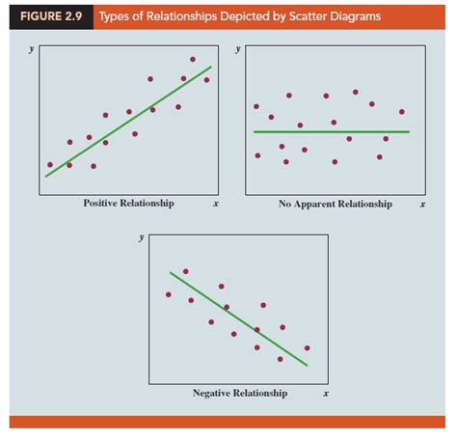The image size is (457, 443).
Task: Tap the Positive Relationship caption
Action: tap(128, 204)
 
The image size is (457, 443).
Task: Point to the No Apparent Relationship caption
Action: tap(335, 204)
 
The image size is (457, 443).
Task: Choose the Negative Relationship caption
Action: tap(239, 393)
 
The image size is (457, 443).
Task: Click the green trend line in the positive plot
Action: tap(128, 122)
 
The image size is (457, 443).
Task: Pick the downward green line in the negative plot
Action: tap(238, 318)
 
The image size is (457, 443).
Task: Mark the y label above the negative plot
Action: tap(142, 236)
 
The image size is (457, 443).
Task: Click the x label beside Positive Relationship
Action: tap(215, 204)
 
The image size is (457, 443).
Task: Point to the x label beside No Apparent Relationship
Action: tap(422, 204)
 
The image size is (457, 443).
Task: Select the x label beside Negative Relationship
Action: tap(326, 393)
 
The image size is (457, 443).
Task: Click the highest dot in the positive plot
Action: tap(192, 60)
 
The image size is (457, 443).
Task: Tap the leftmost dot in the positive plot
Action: tap(50, 164)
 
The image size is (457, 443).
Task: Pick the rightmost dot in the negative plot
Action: tap(307, 347)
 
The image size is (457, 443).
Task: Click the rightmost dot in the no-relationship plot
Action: tap(401, 111)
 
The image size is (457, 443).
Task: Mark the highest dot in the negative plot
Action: tap(185, 271)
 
